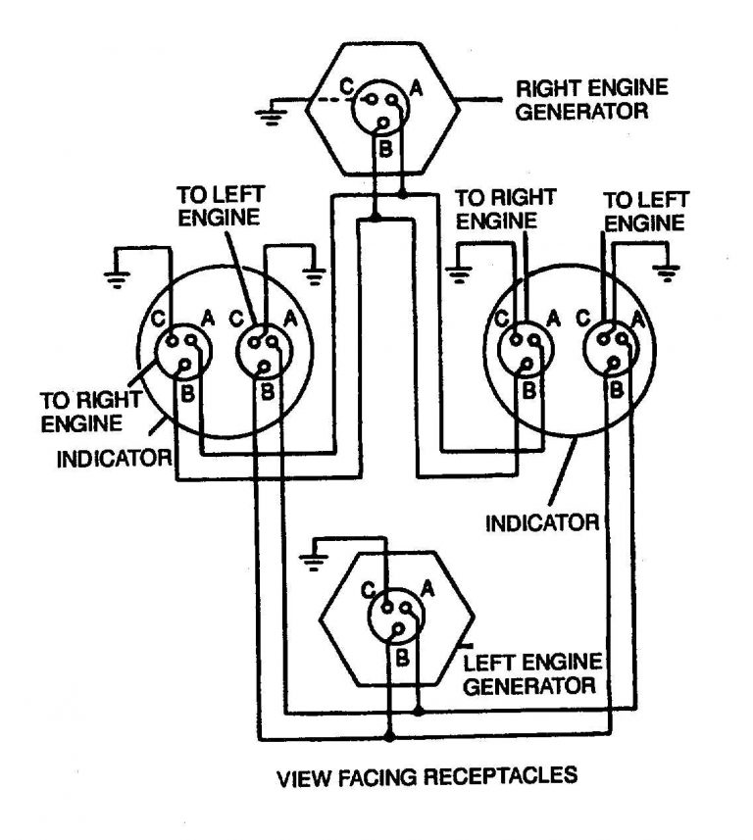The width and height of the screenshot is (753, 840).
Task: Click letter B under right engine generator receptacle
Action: pyautogui.click(x=385, y=150)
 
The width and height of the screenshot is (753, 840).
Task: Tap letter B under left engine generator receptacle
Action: pyautogui.click(x=401, y=656)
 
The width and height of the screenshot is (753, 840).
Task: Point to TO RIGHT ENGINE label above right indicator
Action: pyautogui.click(x=507, y=209)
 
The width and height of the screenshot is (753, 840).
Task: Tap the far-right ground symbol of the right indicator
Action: pyautogui.click(x=670, y=274)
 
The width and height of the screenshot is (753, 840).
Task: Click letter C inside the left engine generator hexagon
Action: pyautogui.click(x=366, y=592)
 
